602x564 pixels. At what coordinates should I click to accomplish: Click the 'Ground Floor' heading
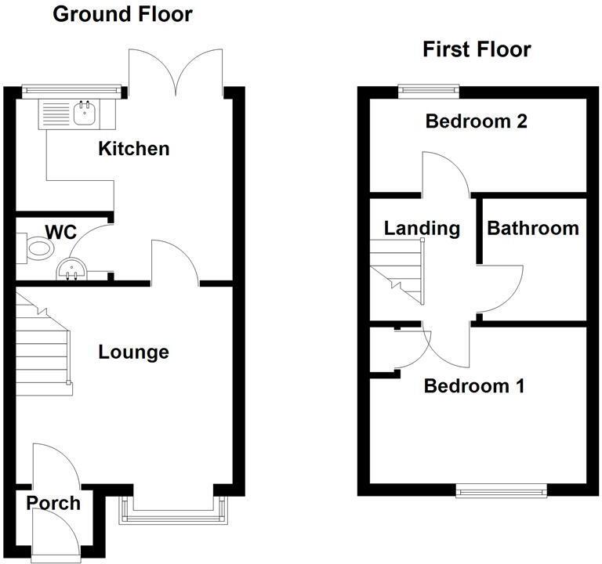[x=121, y=14]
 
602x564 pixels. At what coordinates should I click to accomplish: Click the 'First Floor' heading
[x=477, y=50]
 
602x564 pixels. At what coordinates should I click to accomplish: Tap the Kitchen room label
[x=133, y=148]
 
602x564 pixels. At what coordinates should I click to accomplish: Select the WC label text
[x=60, y=232]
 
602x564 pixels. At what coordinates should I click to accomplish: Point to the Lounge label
[x=133, y=352]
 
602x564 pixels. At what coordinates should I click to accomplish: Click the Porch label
[x=53, y=503]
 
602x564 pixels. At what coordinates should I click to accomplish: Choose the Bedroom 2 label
[x=476, y=121]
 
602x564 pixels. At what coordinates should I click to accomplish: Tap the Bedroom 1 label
[x=474, y=386]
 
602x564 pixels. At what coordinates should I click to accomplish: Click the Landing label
[x=422, y=229]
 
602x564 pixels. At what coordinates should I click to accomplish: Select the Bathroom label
[x=533, y=229]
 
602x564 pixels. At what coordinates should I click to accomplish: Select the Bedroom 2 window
[x=428, y=89]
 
